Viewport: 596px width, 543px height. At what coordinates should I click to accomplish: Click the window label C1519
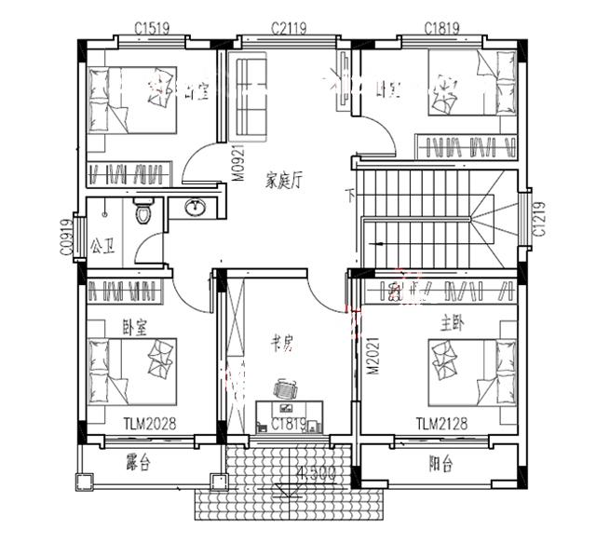click(x=151, y=28)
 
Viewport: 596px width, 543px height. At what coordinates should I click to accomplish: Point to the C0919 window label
click(x=66, y=238)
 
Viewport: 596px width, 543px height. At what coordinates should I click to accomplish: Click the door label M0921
click(x=237, y=162)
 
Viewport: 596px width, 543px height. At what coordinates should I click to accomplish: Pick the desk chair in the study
click(x=285, y=388)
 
